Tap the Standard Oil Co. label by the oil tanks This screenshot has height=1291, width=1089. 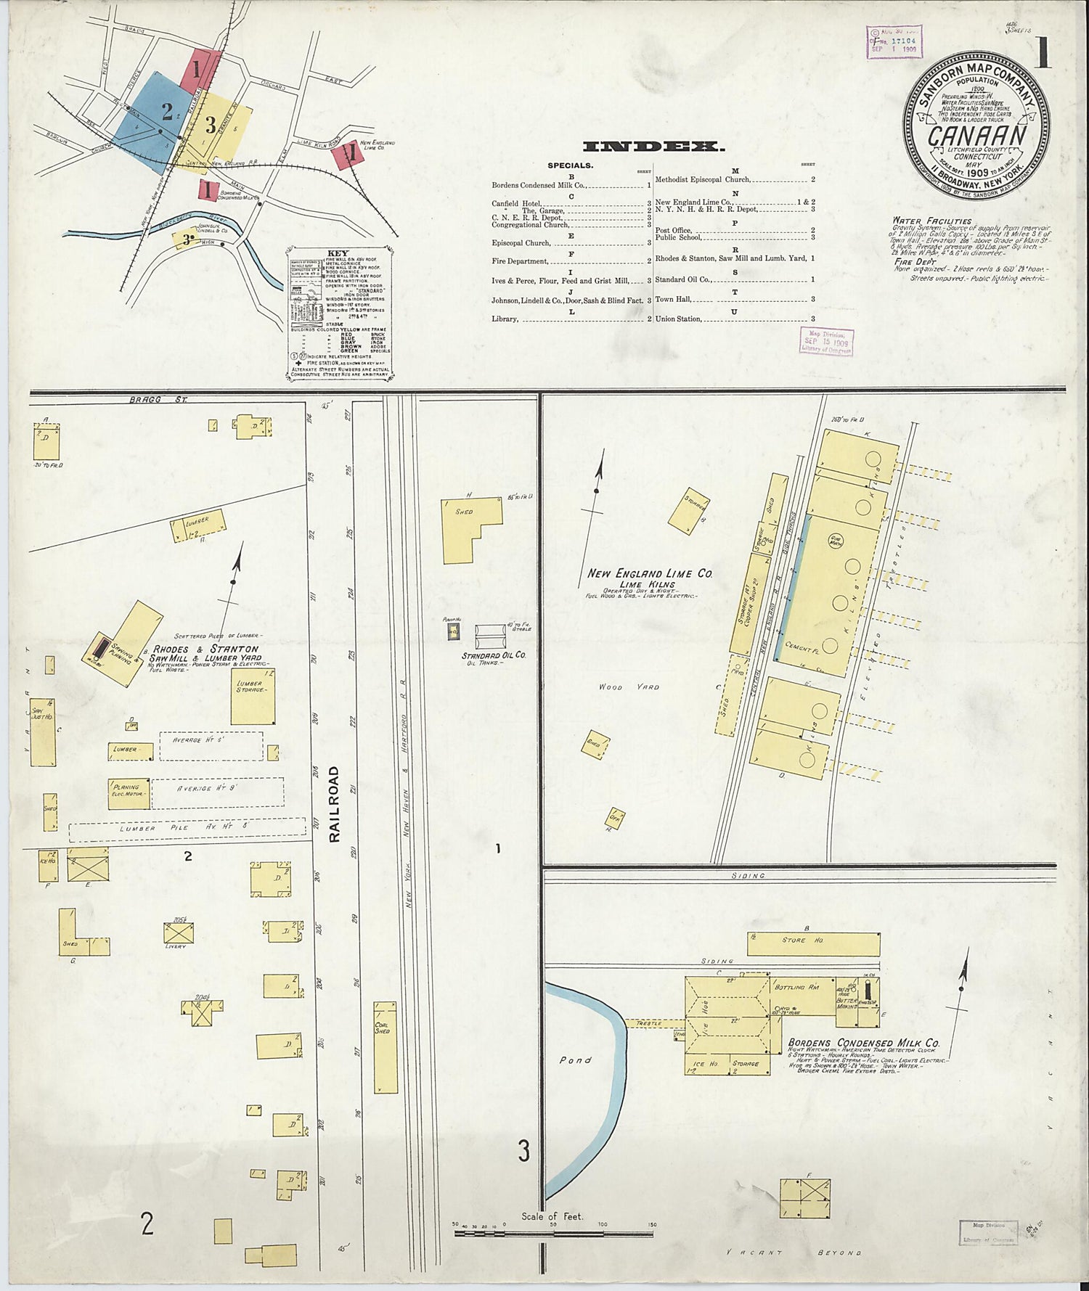tap(494, 655)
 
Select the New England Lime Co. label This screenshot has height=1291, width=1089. tap(650, 573)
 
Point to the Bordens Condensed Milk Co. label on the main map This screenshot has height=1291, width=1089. tap(863, 1043)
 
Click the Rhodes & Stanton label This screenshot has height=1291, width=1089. tap(205, 649)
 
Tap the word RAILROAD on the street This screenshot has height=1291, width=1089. tap(334, 804)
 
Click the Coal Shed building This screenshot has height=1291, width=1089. tap(385, 1047)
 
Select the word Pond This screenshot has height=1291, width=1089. tap(575, 1060)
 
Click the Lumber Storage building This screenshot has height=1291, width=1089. tap(252, 696)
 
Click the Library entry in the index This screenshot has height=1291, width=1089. tap(505, 319)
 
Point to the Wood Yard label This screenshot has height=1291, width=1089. tap(629, 687)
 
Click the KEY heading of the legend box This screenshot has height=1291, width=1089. tap(338, 254)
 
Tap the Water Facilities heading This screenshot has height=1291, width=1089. tap(932, 221)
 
